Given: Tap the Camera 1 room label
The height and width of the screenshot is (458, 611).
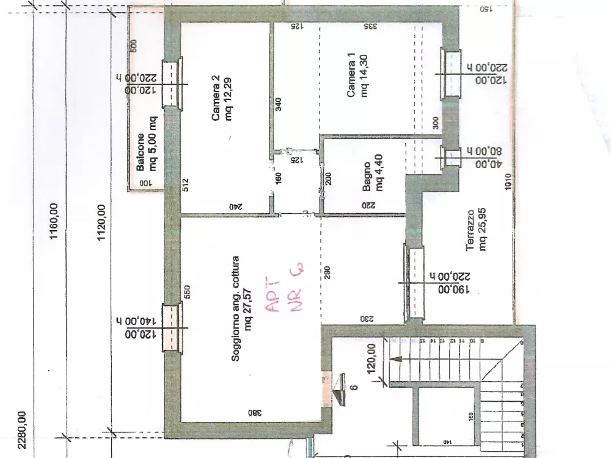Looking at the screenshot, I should coord(358,76).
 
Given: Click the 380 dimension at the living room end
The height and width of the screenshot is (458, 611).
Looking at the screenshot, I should coord(251,412).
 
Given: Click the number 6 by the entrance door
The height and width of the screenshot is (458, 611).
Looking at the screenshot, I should coord(354,386).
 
